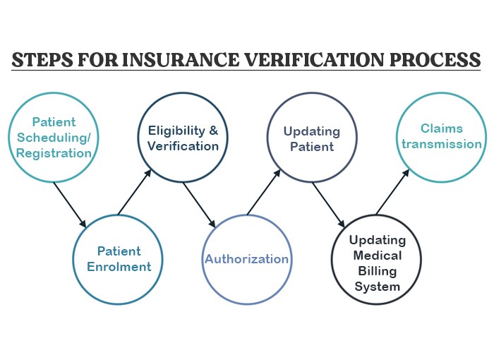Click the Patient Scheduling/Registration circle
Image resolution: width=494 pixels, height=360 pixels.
pos(53,138)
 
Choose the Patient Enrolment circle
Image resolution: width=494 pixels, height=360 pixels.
pos(118,259)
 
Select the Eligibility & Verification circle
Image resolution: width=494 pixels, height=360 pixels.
pos(183,138)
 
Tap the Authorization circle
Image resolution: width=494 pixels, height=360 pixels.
pos(247,259)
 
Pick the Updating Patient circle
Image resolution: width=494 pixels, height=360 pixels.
pos(312,138)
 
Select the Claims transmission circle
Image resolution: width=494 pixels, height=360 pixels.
pos(441,138)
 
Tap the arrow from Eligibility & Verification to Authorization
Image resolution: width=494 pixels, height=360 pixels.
pos(198,205)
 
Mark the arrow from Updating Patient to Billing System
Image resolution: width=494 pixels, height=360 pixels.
pos(328,205)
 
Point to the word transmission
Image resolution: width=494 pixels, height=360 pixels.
pos(441,144)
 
